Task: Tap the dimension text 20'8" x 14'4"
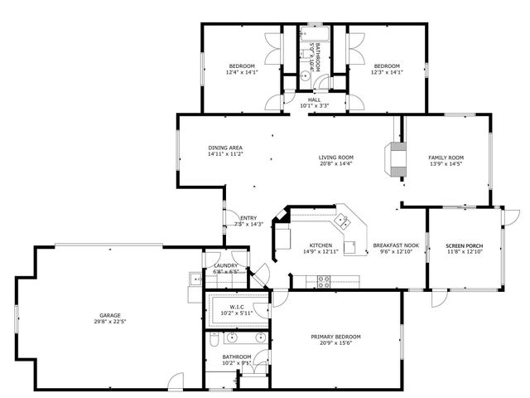[x=336, y=164]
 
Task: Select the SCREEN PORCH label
[x=464, y=246]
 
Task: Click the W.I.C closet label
[x=238, y=306]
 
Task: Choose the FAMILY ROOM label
[x=446, y=157]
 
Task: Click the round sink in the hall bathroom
[x=305, y=74]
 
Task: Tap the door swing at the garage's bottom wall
[x=173, y=382]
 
